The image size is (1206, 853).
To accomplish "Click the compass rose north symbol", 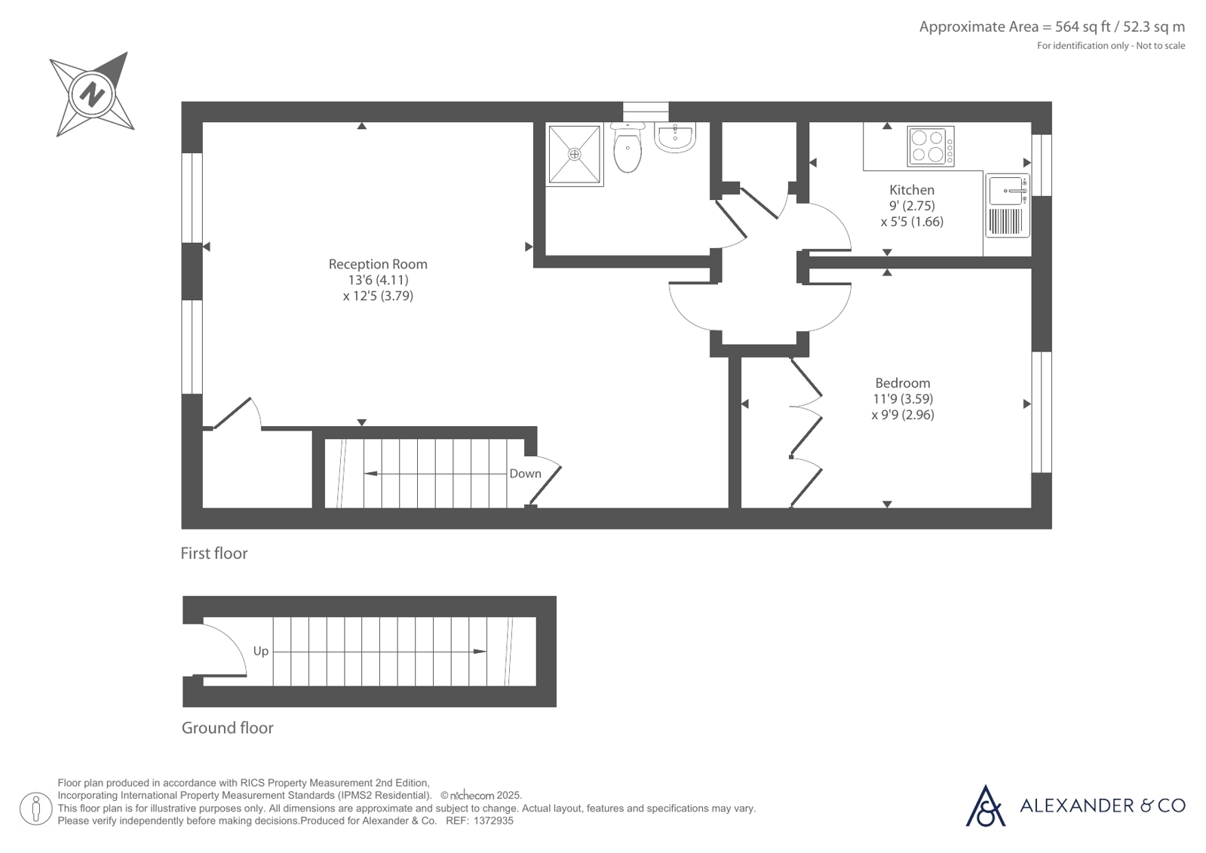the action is tap(92, 95).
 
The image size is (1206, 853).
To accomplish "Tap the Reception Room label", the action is tap(378, 265).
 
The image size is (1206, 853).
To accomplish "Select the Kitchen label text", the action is tap(912, 190).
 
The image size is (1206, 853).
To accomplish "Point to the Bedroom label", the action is tap(903, 383).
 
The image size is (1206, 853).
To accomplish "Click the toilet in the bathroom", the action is tap(628, 147).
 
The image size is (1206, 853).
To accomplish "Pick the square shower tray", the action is tap(575, 155).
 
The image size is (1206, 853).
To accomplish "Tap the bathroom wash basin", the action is tap(675, 137).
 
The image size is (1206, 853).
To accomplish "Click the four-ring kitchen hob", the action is tap(931, 146).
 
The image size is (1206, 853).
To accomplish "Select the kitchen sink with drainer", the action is tap(1008, 205).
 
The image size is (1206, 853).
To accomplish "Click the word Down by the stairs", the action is tap(526, 474).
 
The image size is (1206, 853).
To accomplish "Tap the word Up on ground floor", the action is tap(260, 652).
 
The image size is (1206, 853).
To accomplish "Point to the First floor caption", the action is tap(214, 554).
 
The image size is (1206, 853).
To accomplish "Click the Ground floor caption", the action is tap(228, 728).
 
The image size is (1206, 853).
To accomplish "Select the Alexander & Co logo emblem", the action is tap(985, 805).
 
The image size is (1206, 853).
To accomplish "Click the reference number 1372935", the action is tap(493, 821).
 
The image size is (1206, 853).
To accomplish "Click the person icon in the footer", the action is tap(36, 809).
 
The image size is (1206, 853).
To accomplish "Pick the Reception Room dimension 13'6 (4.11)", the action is tap(379, 280).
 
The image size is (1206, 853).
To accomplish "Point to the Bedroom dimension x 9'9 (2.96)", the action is tap(903, 416).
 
